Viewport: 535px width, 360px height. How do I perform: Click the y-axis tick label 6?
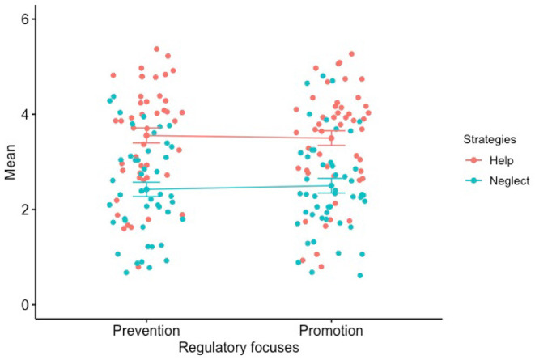tap(26, 19)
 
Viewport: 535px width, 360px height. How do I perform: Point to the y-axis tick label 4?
tap(26, 114)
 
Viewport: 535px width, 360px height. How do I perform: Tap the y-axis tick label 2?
tap(26, 210)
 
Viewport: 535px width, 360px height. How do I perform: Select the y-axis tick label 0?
tap(26, 305)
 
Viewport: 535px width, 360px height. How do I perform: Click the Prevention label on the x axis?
tap(146, 331)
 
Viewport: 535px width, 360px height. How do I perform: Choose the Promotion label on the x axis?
tap(331, 331)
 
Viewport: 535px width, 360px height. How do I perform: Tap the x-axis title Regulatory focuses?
tap(239, 347)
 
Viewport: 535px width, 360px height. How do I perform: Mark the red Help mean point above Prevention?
tap(146, 135)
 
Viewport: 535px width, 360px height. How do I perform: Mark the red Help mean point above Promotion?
tap(331, 138)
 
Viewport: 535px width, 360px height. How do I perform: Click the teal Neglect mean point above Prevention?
tap(146, 189)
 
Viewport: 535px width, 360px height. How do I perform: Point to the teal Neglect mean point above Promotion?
tap(331, 186)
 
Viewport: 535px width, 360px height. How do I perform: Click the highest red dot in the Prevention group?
tap(156, 49)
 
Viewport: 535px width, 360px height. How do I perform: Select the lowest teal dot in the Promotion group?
tap(360, 276)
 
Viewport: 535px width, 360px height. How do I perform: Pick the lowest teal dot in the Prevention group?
tap(126, 273)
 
